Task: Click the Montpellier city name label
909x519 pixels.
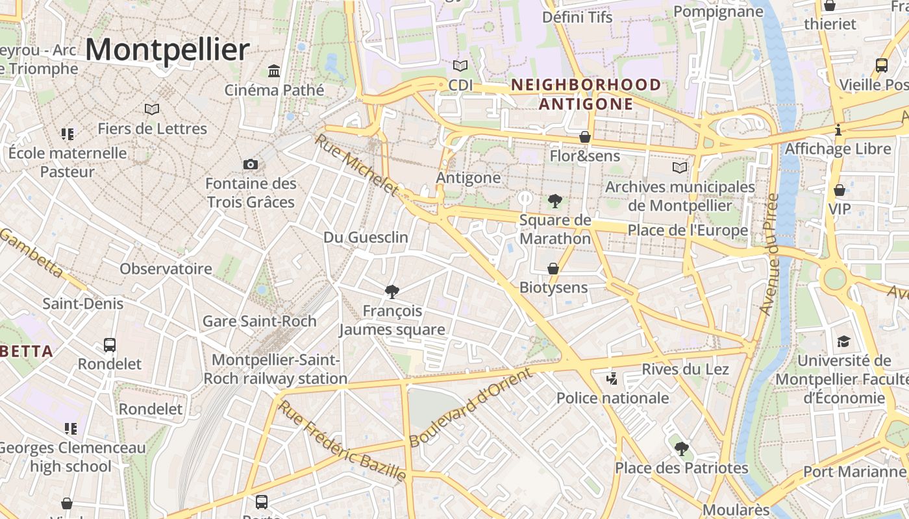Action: (x=168, y=50)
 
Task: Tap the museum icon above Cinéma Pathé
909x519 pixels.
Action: (x=274, y=70)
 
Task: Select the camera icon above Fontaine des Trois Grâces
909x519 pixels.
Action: (x=251, y=164)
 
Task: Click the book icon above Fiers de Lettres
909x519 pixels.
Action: (x=152, y=109)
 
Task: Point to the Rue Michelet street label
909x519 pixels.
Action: (x=356, y=165)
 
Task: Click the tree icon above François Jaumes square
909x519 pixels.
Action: (x=392, y=291)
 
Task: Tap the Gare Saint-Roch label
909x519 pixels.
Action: (x=260, y=321)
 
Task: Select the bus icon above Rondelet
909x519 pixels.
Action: (x=110, y=344)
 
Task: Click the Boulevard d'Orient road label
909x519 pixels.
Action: (x=471, y=407)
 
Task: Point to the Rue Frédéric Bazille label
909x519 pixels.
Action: (x=342, y=441)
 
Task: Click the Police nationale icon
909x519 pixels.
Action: (x=611, y=378)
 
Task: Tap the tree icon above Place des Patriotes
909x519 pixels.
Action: (x=681, y=448)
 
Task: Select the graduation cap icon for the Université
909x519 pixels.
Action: (x=843, y=341)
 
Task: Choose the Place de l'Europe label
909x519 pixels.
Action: (x=688, y=230)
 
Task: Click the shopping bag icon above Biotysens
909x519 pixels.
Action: (x=553, y=269)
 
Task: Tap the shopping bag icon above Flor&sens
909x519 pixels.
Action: (x=585, y=137)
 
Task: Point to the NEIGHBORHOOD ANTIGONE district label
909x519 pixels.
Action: (x=586, y=94)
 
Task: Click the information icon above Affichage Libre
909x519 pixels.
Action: (x=838, y=130)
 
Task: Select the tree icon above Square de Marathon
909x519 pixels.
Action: (x=555, y=200)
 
